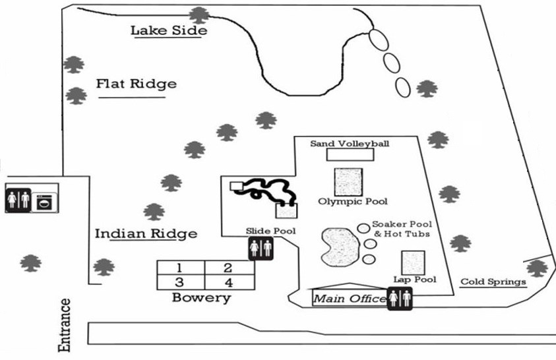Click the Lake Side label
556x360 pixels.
169,30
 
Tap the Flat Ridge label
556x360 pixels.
137,84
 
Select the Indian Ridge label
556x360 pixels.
146,234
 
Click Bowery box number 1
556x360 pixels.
180,268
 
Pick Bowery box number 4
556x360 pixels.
228,282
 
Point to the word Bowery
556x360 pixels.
201,298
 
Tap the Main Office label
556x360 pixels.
349,299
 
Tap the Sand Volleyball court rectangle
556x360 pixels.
350,154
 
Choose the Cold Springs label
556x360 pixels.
493,282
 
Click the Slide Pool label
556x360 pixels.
270,231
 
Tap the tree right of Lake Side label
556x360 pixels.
197,14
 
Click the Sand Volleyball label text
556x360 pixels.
350,143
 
